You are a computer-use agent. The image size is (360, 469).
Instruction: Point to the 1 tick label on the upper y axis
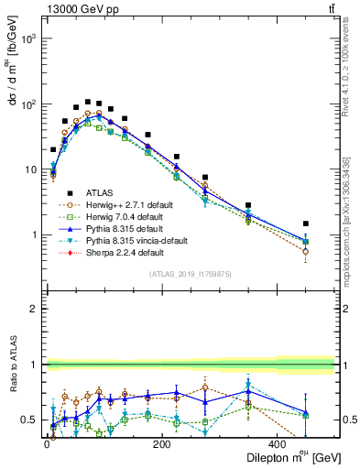click(34, 235)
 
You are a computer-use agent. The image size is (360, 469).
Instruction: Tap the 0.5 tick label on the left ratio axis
click(29, 420)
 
